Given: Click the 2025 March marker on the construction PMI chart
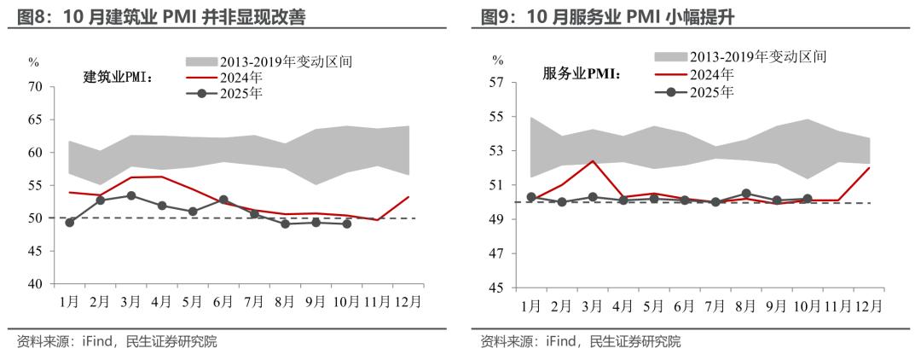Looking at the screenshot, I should click(130, 195).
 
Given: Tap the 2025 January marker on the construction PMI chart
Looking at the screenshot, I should click(69, 223).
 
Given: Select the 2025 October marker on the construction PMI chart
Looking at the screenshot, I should click(347, 224).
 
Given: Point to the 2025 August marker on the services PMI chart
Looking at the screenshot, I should click(745, 194).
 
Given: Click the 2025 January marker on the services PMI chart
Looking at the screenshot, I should click(530, 197).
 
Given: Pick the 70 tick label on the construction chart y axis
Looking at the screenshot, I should click(35, 86).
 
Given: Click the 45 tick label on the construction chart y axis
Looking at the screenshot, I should click(35, 251).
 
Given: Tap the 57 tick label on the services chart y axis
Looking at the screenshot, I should click(497, 82).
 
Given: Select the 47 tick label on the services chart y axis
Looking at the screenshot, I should click(497, 253).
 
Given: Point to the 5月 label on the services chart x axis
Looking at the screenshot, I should click(653, 305).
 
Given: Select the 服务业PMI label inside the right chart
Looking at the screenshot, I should click(582, 73).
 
